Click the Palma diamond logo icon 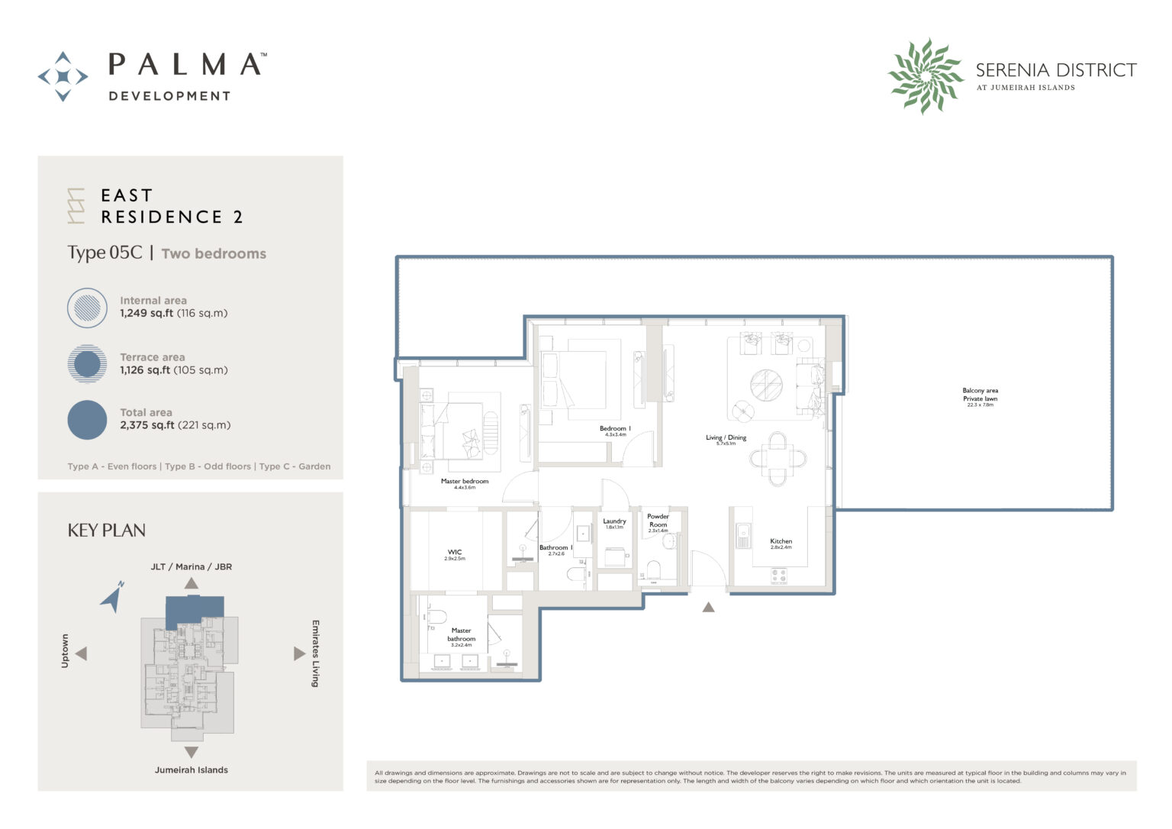click(63, 76)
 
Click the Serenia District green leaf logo click(926, 76)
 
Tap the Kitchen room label click(781, 542)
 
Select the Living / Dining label click(726, 438)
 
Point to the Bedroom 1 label click(614, 429)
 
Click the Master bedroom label click(464, 482)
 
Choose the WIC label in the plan click(455, 553)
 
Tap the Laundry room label click(614, 522)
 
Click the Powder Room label click(658, 521)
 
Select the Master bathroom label click(461, 635)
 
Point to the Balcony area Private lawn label click(980, 395)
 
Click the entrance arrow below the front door click(708, 608)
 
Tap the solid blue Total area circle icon click(87, 420)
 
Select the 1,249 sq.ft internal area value click(145, 313)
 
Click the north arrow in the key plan click(113, 597)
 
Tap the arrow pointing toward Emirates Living click(299, 653)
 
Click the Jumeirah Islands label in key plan click(191, 769)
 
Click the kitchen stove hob click(778, 576)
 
